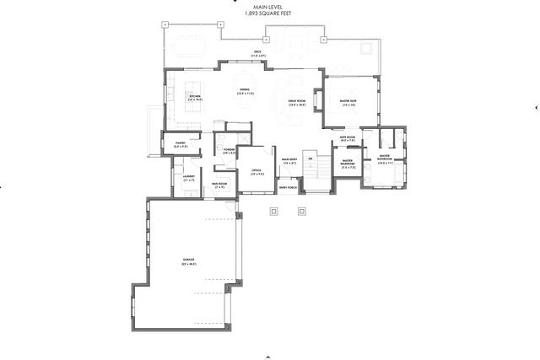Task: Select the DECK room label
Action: [258, 53]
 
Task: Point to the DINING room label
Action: [244, 91]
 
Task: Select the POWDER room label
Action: [229, 151]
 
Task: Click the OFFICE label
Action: [256, 172]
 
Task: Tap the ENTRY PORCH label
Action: [288, 188]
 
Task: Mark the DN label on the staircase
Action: [310, 159]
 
